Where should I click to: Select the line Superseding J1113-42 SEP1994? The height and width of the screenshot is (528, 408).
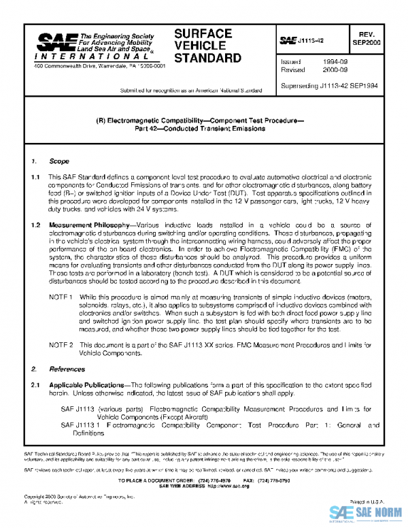pos(329,87)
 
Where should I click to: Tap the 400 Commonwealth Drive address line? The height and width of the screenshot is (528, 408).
pos(99,67)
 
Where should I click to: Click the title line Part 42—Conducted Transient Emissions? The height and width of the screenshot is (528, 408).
pos(203,133)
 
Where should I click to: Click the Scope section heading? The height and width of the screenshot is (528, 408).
pos(58,161)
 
